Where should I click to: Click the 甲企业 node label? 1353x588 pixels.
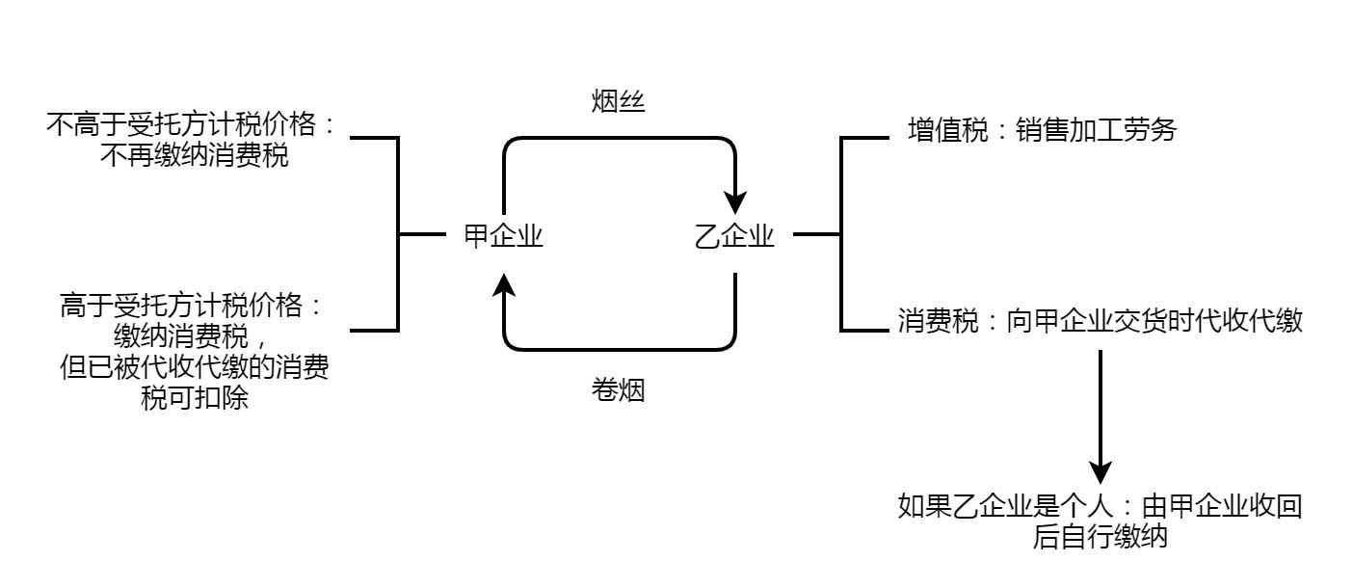(x=504, y=236)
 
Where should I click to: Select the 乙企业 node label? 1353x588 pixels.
(x=734, y=236)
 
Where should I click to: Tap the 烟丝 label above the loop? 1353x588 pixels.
(x=618, y=102)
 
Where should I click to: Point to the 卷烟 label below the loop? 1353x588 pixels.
(x=618, y=390)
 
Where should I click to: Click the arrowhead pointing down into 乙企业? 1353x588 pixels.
(x=735, y=201)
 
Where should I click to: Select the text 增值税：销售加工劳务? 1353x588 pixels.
(x=1042, y=130)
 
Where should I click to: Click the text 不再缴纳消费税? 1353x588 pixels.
(x=195, y=156)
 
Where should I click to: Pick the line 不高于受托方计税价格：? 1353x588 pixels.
(x=194, y=126)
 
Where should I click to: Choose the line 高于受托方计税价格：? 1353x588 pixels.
(x=194, y=307)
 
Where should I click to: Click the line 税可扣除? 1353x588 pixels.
(x=195, y=398)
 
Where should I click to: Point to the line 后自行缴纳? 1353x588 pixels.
(x=1100, y=537)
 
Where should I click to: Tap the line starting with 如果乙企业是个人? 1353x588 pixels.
(x=1100, y=507)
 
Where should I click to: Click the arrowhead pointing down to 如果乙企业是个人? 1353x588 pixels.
(x=1100, y=471)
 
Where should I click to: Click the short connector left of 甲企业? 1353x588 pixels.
(x=422, y=234)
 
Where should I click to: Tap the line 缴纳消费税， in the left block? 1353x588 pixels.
(x=195, y=337)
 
